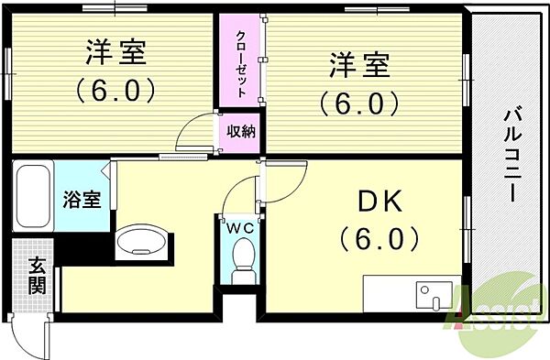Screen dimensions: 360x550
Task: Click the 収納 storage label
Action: tap(241, 132)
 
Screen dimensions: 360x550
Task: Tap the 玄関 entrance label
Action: tap(37, 276)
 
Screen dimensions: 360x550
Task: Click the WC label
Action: tap(241, 225)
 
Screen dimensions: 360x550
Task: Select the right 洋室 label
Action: tap(359, 66)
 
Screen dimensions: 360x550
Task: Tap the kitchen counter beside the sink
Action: tap(389, 294)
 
